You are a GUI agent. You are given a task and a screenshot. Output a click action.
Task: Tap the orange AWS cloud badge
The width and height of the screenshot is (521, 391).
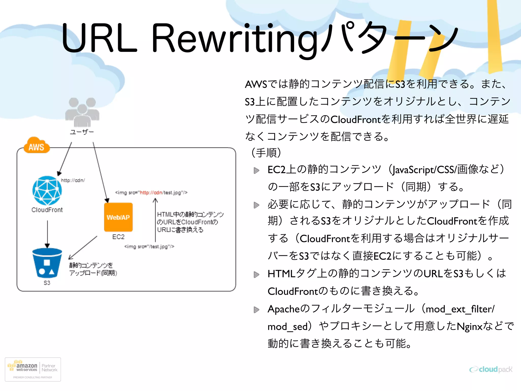coord(36,146)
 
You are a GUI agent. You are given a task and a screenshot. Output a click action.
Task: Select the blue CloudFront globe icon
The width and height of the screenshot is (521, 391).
coord(47,191)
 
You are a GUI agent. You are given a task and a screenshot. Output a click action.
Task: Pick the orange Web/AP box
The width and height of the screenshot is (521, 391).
coord(118,217)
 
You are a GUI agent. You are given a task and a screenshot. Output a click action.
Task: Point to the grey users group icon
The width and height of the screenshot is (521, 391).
coord(82,112)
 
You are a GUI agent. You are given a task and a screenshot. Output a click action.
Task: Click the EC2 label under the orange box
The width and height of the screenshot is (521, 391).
coord(118,237)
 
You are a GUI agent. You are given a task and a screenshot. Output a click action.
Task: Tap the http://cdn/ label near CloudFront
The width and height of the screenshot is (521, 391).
coord(73,180)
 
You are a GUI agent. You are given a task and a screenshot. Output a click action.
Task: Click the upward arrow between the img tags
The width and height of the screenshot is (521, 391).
coord(155,220)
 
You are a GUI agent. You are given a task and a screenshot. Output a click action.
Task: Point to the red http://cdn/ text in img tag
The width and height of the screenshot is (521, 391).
coord(151,193)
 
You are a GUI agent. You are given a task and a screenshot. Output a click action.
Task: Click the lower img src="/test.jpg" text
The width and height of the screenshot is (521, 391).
coord(149,246)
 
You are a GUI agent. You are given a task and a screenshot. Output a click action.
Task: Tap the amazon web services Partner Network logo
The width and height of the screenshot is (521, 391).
coord(33,369)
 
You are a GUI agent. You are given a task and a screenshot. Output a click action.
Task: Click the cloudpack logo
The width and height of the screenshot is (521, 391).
coord(491,369)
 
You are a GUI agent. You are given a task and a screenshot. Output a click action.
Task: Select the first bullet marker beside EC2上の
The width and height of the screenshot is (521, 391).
coord(256,170)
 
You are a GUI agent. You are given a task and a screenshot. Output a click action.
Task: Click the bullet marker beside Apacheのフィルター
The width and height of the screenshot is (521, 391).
coord(256,310)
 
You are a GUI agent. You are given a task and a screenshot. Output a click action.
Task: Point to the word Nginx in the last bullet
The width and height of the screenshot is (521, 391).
coord(469,326)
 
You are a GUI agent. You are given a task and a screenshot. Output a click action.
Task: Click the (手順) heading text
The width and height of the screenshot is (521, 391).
coord(266,153)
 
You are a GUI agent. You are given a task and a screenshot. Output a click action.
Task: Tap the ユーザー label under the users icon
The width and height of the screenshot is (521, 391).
coord(82,132)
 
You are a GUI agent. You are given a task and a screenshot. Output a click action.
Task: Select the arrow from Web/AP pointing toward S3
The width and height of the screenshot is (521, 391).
coord(83,248)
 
